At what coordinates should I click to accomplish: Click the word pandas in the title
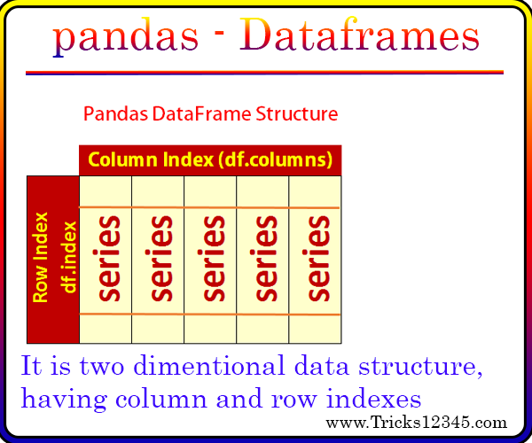[x=126, y=37]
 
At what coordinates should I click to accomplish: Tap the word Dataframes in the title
[x=360, y=34]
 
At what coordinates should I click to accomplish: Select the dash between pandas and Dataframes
[x=220, y=33]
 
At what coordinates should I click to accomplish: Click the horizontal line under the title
[x=264, y=73]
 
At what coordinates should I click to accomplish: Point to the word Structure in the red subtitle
[x=296, y=114]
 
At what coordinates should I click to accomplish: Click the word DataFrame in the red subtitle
[x=201, y=114]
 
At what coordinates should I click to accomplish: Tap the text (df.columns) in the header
[x=275, y=159]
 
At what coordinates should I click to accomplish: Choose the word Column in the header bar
[x=122, y=159]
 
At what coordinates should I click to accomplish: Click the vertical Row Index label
[x=41, y=257]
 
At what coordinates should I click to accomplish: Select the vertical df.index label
[x=69, y=257]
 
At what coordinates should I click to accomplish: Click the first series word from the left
[x=108, y=259]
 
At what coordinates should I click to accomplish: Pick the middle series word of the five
[x=213, y=259]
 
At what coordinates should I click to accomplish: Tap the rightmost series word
[x=318, y=259]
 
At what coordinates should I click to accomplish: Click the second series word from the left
[x=160, y=259]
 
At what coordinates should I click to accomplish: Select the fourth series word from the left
[x=266, y=259]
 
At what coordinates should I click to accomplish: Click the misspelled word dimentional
[x=209, y=365]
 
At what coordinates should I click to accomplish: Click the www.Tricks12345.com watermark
[x=417, y=423]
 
